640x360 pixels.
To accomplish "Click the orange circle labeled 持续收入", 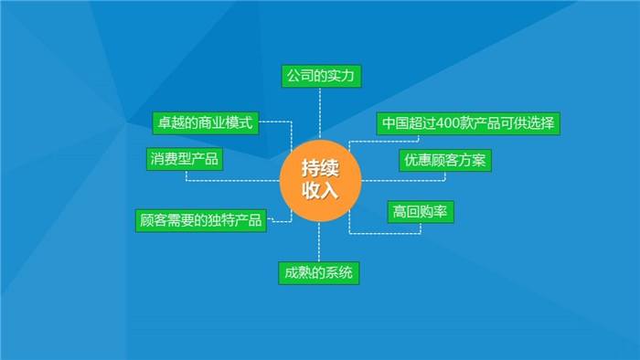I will tap(320, 179).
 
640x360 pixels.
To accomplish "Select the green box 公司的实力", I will tap(320, 76).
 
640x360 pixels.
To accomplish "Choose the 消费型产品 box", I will tap(185, 159).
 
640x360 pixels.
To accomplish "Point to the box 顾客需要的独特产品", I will tap(201, 220).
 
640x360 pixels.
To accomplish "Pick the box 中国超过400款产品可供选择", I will tap(469, 123).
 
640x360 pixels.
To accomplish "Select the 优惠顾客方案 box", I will tap(445, 161).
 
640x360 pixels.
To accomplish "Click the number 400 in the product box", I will tap(450, 123).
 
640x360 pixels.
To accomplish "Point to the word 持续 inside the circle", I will tap(320, 168).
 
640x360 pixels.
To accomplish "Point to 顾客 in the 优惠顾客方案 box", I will tap(445, 161).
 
